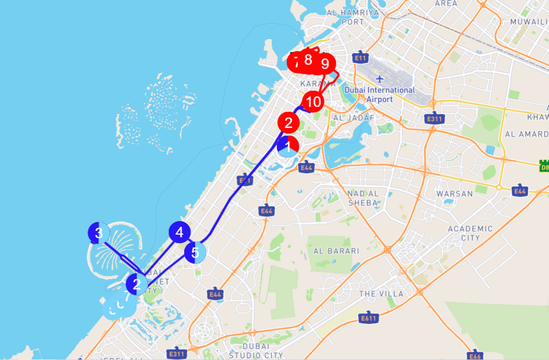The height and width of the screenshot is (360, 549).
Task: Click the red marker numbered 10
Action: click(313, 101)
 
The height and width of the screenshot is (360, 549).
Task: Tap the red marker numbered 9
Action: click(325, 64)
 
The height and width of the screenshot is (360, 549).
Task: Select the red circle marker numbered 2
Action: click(288, 124)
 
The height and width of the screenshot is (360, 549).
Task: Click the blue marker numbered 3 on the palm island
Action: click(99, 233)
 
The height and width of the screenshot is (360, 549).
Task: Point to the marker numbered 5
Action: click(195, 253)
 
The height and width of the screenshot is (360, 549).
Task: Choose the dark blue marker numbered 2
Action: click(137, 284)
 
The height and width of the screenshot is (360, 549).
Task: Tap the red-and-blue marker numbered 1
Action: click(288, 146)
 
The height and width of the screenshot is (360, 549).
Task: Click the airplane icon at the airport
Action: click(380, 79)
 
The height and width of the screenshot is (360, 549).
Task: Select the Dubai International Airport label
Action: click(379, 94)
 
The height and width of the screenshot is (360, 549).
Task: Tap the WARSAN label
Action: click(454, 194)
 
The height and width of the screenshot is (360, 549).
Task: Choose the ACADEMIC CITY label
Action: click(470, 233)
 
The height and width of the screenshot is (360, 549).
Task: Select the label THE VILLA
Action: click(381, 294)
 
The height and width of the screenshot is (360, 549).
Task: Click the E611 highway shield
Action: click(369, 318)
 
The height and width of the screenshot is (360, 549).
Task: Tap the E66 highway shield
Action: click(475, 356)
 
